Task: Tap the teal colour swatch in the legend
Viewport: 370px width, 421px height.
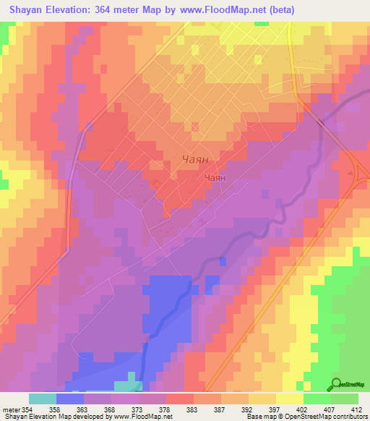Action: pyautogui.click(x=43, y=399)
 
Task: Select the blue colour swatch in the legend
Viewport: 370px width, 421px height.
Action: pyautogui.click(x=70, y=399)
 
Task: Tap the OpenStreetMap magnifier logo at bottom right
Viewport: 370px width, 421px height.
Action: pyautogui.click(x=337, y=384)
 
